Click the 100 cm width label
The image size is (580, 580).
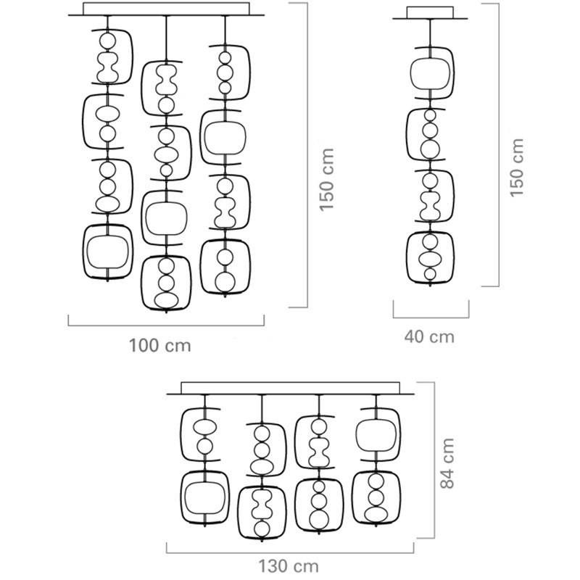pos(160,345)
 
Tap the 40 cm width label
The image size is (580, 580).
pos(431,336)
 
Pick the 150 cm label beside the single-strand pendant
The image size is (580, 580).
pos(516,169)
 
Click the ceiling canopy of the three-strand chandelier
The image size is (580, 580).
pos(166,9)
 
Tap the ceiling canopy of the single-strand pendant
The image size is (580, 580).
pos(430,13)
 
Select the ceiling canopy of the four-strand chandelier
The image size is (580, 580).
pos(290,389)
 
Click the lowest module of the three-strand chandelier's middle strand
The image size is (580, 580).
pos(167,282)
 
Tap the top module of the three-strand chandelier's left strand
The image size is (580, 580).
pos(108,57)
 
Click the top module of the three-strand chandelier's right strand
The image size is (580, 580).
pos(225,72)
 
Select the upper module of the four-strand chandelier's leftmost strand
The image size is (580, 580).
pos(204,434)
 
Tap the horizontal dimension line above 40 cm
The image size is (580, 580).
pos(431,318)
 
